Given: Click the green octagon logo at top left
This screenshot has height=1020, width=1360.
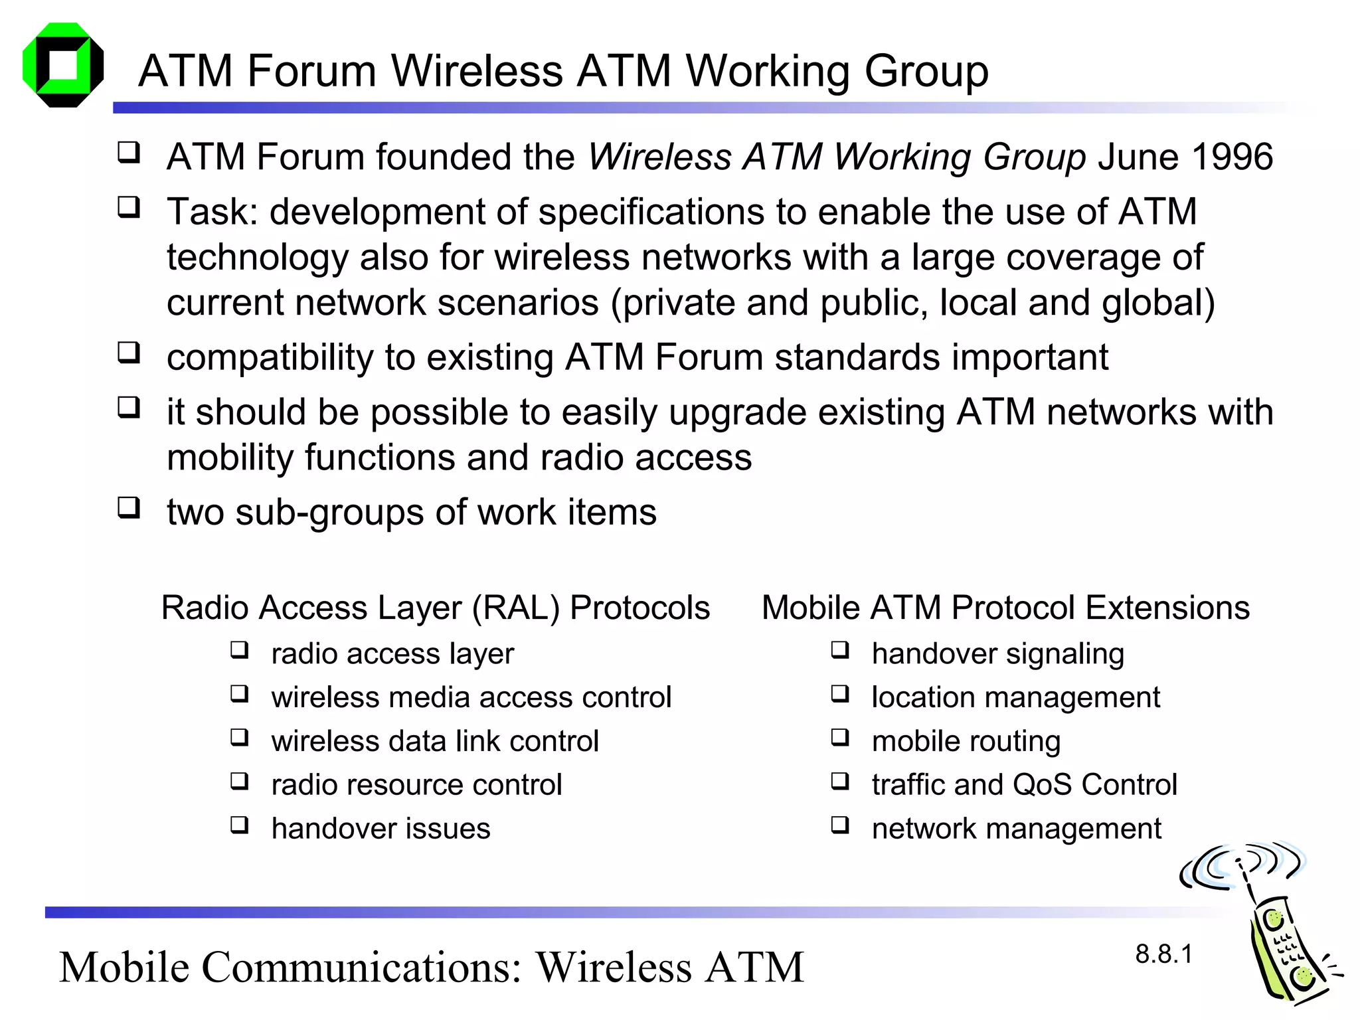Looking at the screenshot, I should (63, 65).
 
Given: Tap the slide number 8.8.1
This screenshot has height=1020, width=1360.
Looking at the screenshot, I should (1163, 954).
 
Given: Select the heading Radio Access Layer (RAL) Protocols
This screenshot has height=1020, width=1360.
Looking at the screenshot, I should (436, 608).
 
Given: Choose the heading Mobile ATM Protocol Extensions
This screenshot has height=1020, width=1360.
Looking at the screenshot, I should (1005, 608).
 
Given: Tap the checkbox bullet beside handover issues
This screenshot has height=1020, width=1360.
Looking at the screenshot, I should (239, 825).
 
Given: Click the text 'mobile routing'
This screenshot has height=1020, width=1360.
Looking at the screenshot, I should (966, 741).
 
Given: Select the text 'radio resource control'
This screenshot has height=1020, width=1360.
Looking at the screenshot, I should (416, 785).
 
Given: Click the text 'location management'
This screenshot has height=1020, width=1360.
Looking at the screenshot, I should (1015, 697).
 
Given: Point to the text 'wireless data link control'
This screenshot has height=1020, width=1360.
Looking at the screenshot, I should (435, 741).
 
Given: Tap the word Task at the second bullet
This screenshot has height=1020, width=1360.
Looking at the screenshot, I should (205, 212).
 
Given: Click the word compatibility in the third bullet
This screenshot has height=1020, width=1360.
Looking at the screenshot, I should (270, 358).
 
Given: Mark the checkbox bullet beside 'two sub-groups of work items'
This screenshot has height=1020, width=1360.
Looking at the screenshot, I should (129, 508).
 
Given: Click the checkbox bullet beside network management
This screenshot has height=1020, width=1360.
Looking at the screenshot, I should (840, 825).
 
